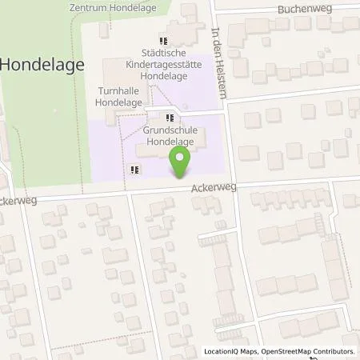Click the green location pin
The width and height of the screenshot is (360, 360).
tap(181, 162)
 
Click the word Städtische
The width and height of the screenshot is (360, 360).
tap(164, 54)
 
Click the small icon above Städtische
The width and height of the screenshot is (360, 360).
tap(163, 41)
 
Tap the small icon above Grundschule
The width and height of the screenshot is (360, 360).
tap(170, 118)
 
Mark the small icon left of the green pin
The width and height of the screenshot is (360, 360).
tap(134, 169)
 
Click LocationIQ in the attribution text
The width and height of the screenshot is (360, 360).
tap(222, 351)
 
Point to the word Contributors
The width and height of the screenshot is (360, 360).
tap(334, 351)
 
